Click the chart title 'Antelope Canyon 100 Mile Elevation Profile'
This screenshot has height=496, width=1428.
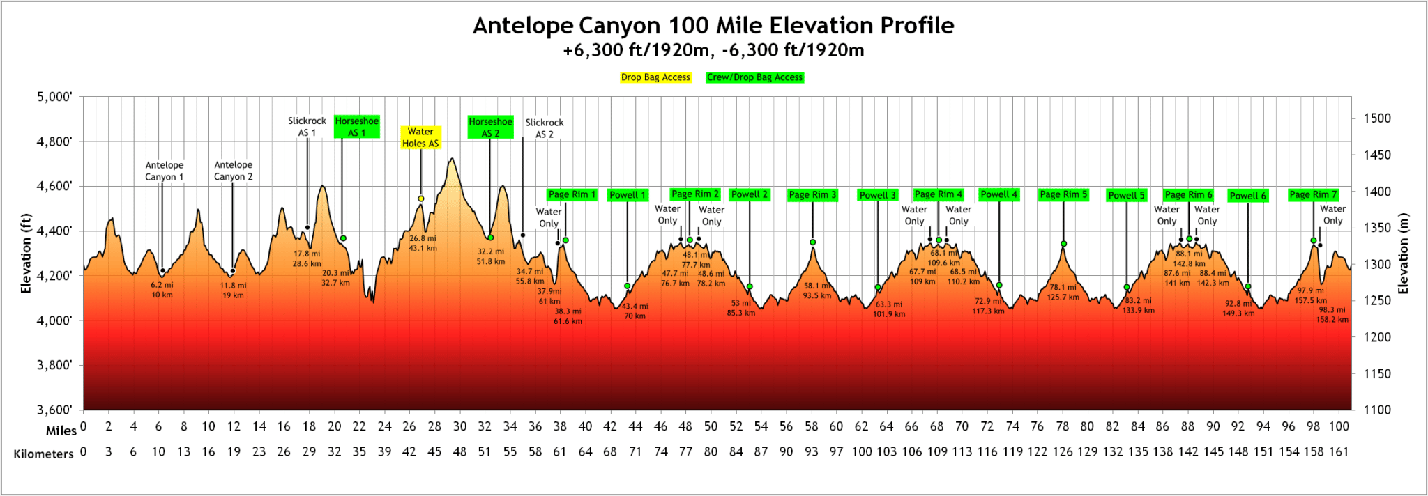(713, 26)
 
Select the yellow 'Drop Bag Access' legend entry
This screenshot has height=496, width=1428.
(655, 77)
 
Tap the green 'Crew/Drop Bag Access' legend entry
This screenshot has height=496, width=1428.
(754, 77)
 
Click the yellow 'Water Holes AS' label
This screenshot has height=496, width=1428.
(420, 137)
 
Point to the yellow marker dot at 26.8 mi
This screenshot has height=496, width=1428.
(421, 199)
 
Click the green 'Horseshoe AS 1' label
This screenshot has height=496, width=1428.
(356, 127)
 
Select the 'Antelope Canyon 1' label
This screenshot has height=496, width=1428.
(165, 171)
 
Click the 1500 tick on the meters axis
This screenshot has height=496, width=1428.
(1376, 118)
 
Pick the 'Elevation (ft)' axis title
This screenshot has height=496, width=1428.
(26, 253)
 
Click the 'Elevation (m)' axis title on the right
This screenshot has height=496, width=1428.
(1404, 253)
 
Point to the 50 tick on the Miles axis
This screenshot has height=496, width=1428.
(711, 426)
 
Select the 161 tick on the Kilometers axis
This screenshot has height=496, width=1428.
(1338, 451)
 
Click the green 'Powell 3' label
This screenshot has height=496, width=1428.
(877, 195)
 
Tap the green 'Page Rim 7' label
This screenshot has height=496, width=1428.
(1313, 194)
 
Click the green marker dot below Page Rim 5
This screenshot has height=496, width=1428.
(1063, 244)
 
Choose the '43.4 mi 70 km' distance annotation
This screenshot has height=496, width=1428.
(635, 311)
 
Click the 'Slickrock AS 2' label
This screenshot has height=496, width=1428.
(544, 128)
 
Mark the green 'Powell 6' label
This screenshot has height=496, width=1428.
(1247, 196)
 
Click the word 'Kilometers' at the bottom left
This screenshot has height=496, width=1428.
(43, 454)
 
